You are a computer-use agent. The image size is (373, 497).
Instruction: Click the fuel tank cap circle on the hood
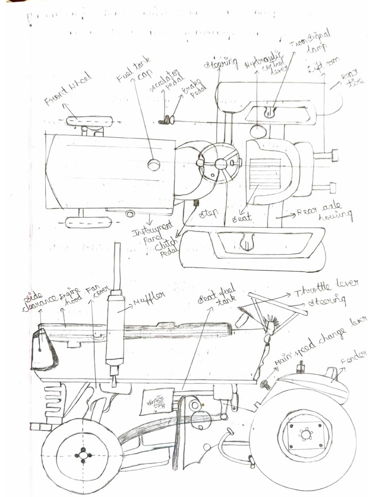[154, 165]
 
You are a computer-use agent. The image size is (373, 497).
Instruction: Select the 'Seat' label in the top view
[241, 218]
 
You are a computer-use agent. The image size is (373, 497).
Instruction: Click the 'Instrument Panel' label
[153, 231]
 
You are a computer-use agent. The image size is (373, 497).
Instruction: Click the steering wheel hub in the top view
[221, 164]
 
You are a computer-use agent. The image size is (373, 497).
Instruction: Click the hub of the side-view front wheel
[83, 455]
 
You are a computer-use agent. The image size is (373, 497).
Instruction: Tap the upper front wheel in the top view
[89, 121]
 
